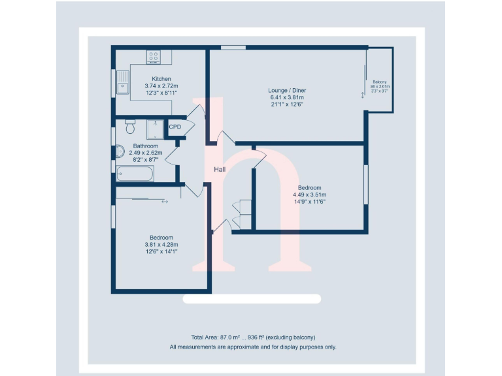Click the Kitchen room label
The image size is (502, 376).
(161, 79)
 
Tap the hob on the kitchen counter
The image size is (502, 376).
(154, 57)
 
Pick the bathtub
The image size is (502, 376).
(135, 174)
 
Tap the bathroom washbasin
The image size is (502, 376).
(119, 152)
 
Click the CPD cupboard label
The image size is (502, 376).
(175, 127)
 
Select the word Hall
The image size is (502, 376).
(220, 170)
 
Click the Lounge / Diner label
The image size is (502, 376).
(287, 90)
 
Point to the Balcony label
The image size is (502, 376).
(380, 81)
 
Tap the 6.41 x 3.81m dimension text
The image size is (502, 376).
(287, 97)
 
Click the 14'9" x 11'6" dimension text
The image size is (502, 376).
(309, 202)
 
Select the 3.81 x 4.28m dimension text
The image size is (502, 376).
(161, 244)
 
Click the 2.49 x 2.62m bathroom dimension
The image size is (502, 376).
(145, 153)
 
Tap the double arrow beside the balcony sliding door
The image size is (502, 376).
(363, 95)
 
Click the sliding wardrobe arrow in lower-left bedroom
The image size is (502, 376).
(164, 201)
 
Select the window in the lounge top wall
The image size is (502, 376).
(233, 47)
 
